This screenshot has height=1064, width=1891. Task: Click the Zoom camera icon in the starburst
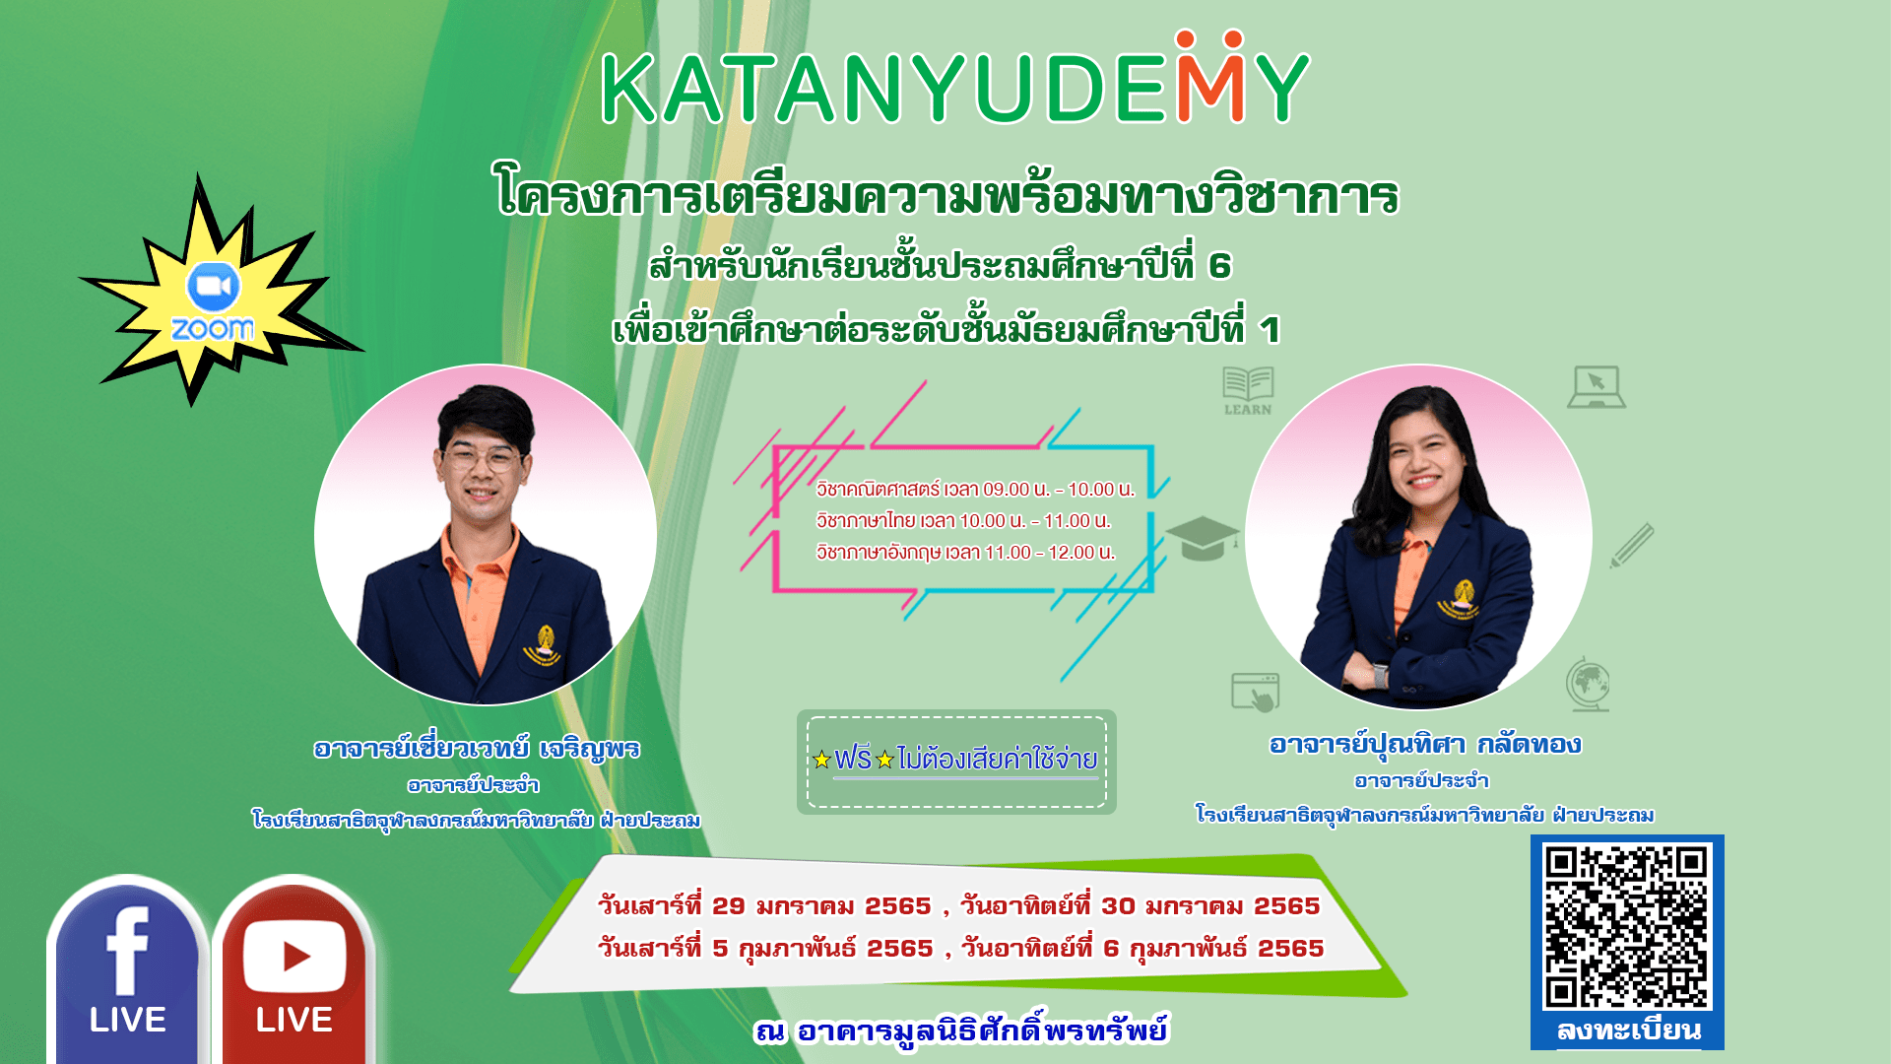[213, 287]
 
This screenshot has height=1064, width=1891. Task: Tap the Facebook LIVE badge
[127, 970]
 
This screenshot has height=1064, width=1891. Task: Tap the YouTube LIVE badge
[293, 970]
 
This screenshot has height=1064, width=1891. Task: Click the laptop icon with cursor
[1597, 386]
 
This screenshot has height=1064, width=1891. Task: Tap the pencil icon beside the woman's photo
[1632, 546]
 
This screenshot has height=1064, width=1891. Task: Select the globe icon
[1588, 684]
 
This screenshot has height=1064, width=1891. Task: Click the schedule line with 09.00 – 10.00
[975, 490]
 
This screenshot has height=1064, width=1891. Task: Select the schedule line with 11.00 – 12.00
[965, 553]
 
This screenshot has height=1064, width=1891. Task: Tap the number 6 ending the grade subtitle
[1219, 266]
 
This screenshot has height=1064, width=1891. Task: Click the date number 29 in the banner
[729, 905]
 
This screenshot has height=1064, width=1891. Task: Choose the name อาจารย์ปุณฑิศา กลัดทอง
[1425, 745]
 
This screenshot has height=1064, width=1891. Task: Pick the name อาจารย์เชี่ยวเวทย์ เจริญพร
[477, 750]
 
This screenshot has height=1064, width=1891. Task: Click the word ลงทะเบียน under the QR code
[1629, 1031]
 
